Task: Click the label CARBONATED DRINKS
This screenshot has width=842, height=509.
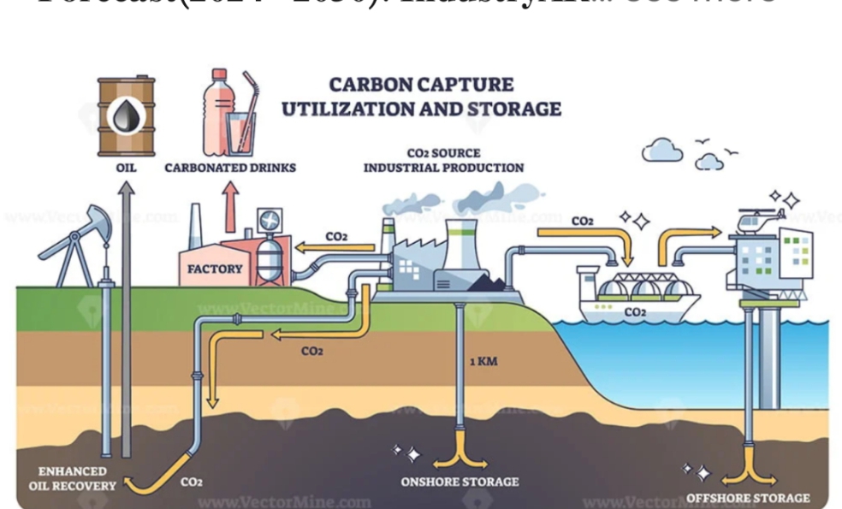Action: click(x=230, y=168)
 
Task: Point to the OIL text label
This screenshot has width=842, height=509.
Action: click(x=126, y=168)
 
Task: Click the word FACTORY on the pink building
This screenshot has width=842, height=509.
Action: click(x=215, y=269)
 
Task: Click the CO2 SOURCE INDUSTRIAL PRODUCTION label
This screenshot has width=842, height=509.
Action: click(x=443, y=161)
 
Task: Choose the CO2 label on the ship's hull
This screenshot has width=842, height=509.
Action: click(x=634, y=312)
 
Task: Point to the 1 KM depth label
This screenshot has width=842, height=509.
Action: click(x=483, y=361)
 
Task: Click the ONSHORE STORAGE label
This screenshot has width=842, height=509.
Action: click(x=460, y=481)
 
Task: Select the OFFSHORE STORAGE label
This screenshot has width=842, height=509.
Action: click(x=747, y=497)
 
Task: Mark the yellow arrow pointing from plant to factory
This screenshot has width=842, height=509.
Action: click(x=335, y=249)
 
